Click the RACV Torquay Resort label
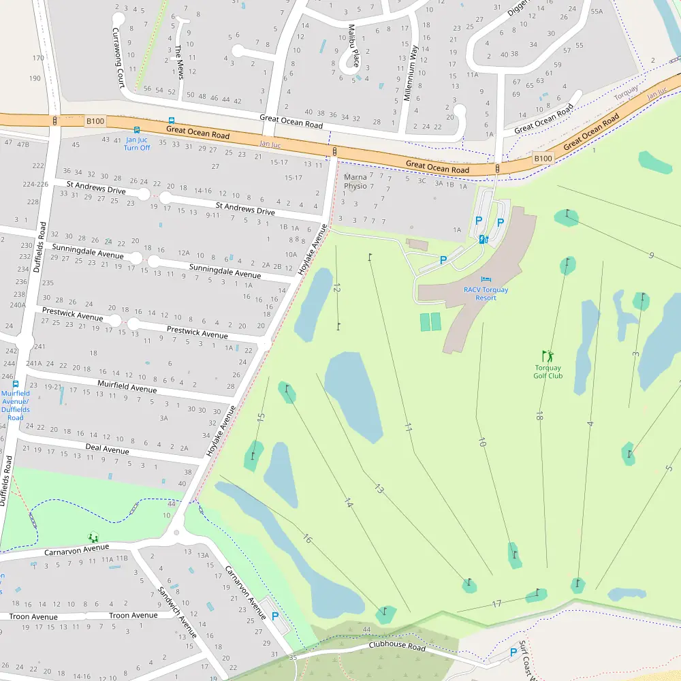[x=486, y=294]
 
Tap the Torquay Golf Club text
[x=548, y=372]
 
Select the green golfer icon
[x=548, y=355]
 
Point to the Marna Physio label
[x=355, y=181]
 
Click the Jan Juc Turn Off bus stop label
[x=137, y=144]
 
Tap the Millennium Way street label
[x=411, y=73]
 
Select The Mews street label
[x=179, y=61]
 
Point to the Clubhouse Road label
[x=397, y=646]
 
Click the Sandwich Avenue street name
[x=176, y=612]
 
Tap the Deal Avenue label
[x=107, y=450]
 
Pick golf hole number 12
[x=336, y=288]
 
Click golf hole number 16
[x=307, y=539]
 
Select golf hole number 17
[x=496, y=603]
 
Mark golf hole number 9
[x=652, y=255]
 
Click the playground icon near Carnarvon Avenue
[x=93, y=537]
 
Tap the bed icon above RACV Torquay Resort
[x=486, y=279]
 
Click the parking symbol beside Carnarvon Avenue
[x=275, y=616]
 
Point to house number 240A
[x=18, y=305]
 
